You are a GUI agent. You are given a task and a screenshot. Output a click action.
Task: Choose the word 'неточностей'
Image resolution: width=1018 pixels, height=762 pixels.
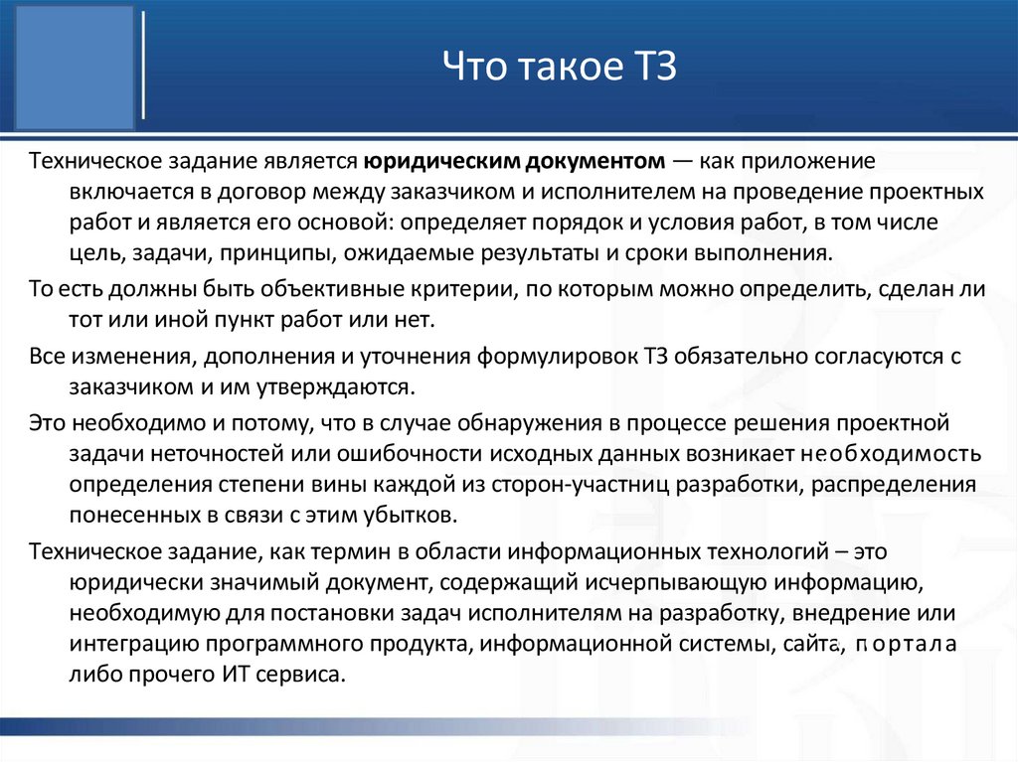208,454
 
